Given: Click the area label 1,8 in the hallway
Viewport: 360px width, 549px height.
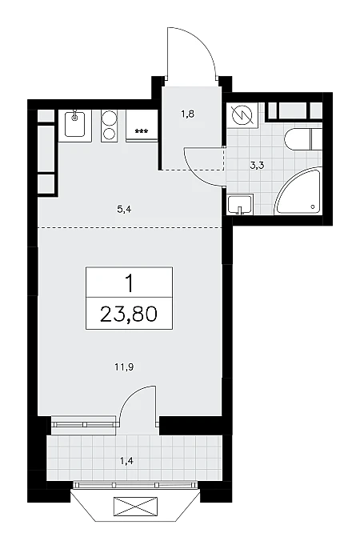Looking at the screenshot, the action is [188, 114].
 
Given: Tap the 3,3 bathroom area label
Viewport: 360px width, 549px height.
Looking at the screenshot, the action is [257, 166].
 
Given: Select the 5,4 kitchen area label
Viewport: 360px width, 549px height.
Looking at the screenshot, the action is [124, 210].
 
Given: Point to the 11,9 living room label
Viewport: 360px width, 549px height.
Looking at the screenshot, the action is [124, 367].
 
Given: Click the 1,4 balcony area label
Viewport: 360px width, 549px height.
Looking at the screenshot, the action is [127, 461].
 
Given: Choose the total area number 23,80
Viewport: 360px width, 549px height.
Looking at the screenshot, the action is [129, 314].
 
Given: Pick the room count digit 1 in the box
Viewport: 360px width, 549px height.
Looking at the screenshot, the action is [130, 283].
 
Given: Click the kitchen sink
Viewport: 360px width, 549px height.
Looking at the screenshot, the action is [74, 124].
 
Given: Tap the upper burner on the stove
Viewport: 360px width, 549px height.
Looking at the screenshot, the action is [109, 118].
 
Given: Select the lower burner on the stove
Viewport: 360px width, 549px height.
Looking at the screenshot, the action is [109, 134].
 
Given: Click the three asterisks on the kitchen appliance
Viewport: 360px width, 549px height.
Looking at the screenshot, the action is [142, 131].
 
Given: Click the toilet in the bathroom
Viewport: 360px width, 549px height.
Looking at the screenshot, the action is [303, 139].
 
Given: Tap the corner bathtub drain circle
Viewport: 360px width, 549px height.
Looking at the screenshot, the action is [313, 207].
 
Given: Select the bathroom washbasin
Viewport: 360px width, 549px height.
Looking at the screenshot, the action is [240, 205].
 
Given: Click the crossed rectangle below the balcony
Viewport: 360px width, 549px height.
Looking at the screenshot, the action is [135, 507].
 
